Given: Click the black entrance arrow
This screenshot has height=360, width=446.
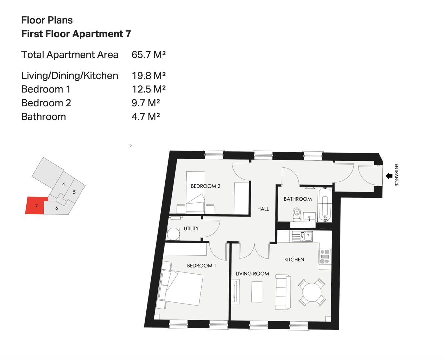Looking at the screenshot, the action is tap(389, 176).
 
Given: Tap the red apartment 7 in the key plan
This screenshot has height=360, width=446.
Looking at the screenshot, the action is tap(36, 206).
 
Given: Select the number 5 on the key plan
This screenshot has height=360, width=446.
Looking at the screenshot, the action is tap(74, 192).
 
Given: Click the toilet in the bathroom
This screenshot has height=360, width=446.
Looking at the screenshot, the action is tap(297, 214).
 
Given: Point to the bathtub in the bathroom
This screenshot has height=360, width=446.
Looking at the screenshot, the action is tap(325, 204).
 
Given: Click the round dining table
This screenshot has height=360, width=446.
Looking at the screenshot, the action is tap(312, 292).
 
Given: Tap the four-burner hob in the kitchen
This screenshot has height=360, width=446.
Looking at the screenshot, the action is tap(325, 256).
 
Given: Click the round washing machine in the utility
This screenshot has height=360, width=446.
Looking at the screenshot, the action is tap(173, 234).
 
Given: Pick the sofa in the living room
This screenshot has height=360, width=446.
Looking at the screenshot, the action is tap(283, 292).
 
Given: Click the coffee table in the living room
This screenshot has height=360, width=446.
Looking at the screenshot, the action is tap(257, 292).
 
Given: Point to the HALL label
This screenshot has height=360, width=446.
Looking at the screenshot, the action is tap(263, 209).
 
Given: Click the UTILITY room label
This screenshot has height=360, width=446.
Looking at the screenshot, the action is tap(191, 228).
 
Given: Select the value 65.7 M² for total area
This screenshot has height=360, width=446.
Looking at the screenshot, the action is tap(149, 55).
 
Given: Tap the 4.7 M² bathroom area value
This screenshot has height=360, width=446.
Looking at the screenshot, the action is tap(146, 117).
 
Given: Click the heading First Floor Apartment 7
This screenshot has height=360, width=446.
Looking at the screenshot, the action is tap(76, 34).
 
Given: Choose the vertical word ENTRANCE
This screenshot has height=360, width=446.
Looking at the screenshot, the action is tap(396, 175).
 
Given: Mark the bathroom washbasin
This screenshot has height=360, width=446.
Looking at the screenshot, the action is tap(309, 217).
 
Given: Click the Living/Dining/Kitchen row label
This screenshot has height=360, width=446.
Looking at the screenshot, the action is tap(70, 76).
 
